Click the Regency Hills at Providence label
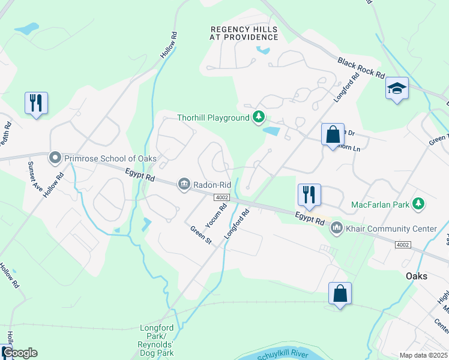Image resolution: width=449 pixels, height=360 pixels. coord(244,33)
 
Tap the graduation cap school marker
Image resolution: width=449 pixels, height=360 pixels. coord(397,89)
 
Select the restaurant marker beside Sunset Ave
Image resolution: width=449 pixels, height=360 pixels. coord(36,103)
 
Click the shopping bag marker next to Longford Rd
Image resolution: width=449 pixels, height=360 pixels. coord(332,134)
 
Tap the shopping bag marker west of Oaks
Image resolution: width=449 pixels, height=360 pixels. coord(340,293)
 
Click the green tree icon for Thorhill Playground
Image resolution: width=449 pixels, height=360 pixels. coord(259,117)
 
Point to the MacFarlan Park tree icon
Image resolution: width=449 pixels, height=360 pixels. coord(419,205)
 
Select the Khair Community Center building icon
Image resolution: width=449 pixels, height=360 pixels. coord(336,228)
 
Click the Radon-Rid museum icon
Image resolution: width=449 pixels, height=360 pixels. coord(184,185)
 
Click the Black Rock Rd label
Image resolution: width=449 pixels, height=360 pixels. coord(361,68)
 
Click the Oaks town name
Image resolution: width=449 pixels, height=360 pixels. coord(416,277)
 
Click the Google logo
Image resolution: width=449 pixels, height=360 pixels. coord(20,353)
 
